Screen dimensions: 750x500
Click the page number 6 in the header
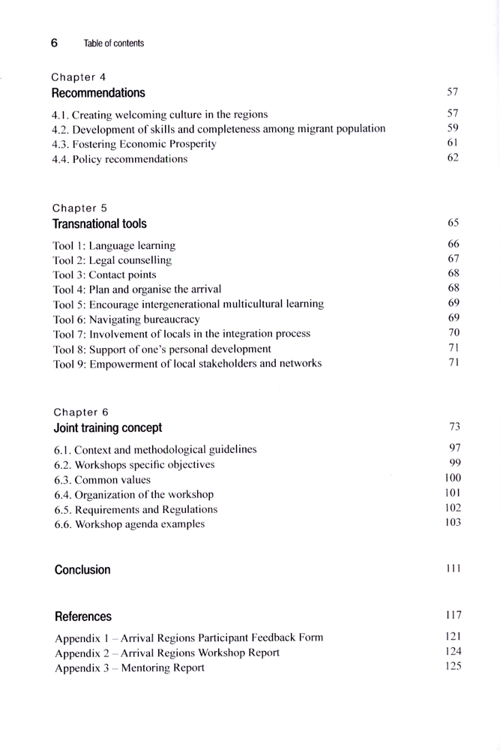tap(54, 43)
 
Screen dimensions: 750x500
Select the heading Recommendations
tap(98, 93)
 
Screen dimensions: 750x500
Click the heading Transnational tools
tap(99, 223)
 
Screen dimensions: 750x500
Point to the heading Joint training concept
tap(107, 428)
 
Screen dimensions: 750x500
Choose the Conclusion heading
tap(82, 569)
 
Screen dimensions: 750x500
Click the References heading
tap(83, 616)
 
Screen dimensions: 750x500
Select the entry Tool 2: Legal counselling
tap(112, 260)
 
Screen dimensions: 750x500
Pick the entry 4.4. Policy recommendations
tap(119, 158)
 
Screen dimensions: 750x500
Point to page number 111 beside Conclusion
tap(452, 569)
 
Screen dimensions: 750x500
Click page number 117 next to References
tap(452, 616)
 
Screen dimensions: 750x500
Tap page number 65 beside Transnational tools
tap(453, 223)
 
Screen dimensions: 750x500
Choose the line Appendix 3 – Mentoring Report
tap(129, 667)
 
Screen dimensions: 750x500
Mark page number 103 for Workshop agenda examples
tap(452, 523)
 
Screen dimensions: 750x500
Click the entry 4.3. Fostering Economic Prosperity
tap(134, 144)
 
